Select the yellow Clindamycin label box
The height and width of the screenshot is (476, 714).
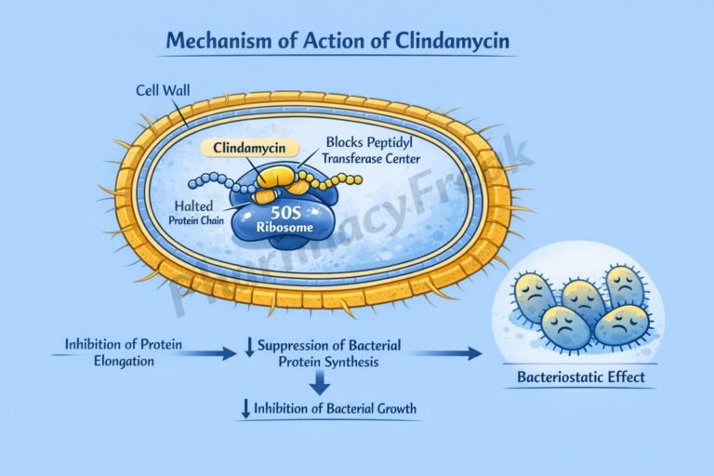249,147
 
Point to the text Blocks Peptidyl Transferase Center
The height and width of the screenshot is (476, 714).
371,151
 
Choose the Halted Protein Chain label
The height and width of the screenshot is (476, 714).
198,212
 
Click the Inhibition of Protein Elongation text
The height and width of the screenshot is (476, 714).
124,352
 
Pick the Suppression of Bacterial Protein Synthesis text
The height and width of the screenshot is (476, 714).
327,353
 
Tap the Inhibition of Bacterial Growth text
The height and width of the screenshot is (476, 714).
329,408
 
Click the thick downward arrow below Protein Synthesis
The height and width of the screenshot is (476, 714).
320,382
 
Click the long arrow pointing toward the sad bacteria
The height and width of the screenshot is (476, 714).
446,352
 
